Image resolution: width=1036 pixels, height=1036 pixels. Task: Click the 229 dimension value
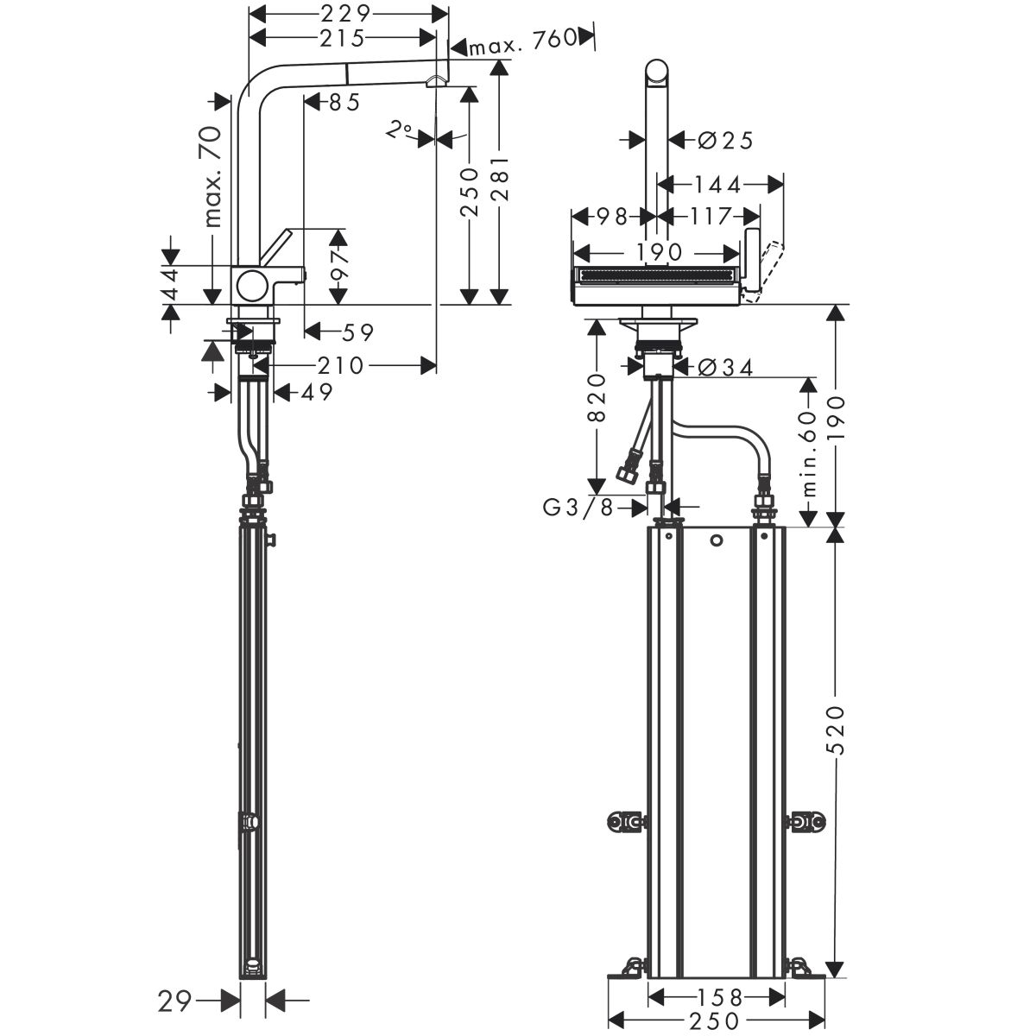tap(345, 14)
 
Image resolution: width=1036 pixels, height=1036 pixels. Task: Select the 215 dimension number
tap(342, 38)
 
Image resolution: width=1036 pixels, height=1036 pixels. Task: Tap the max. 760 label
tap(522, 43)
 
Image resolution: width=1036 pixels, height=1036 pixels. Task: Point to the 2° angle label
tap(399, 130)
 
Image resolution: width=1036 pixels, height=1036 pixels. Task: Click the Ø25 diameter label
tap(724, 141)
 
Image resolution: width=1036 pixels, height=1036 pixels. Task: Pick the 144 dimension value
tap(717, 185)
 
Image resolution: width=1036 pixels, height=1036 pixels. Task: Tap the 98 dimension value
tap(612, 217)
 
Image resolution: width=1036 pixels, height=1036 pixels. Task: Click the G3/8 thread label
tap(578, 507)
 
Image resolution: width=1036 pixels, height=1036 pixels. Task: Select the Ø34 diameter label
tap(724, 368)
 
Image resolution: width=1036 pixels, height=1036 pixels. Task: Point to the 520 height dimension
tap(835, 730)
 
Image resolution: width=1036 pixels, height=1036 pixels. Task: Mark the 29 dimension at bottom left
tap(174, 986)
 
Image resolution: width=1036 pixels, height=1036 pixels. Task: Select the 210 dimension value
tap(341, 365)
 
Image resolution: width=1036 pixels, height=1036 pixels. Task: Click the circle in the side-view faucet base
tap(251, 286)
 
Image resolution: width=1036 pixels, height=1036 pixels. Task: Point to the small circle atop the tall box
tap(716, 540)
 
